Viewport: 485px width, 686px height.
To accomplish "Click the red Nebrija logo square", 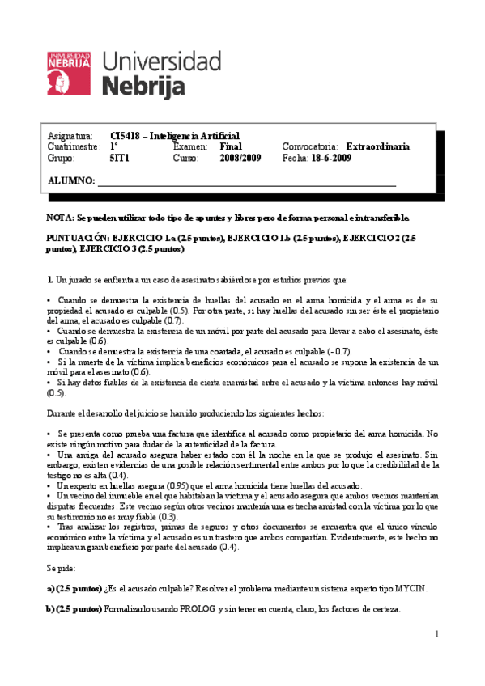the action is point(69,73).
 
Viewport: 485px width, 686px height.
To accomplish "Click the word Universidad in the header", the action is point(162,61).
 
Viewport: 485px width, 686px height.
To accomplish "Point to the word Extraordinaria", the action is point(400,147).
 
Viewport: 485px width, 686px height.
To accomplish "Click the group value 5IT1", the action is point(120,159).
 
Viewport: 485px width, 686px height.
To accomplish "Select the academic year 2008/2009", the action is point(240,159).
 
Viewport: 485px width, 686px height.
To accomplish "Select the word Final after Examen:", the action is point(231,147).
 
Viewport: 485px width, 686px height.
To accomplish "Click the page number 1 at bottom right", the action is point(436,633).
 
